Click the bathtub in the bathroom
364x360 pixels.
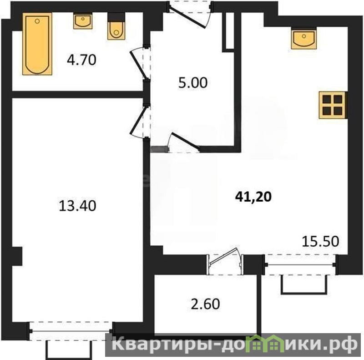(37, 44)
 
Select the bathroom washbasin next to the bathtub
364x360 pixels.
(83, 21)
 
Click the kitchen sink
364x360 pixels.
(303, 38)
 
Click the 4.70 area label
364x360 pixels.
(81, 60)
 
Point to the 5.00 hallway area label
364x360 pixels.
(192, 83)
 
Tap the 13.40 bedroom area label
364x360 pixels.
(77, 206)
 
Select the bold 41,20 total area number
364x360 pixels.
(253, 197)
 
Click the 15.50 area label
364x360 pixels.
(320, 241)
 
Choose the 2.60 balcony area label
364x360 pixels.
(205, 304)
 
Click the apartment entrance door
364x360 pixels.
(189, 15)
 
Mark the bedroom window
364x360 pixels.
(71, 331)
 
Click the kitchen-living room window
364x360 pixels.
(301, 264)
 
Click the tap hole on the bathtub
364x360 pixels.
(37, 21)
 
